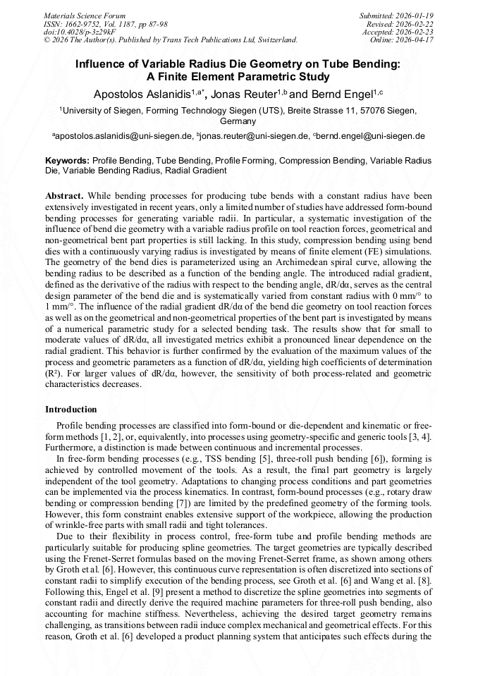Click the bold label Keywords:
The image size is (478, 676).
[68, 161]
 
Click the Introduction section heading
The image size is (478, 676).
[71, 410]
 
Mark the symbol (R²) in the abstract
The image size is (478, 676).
[55, 373]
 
